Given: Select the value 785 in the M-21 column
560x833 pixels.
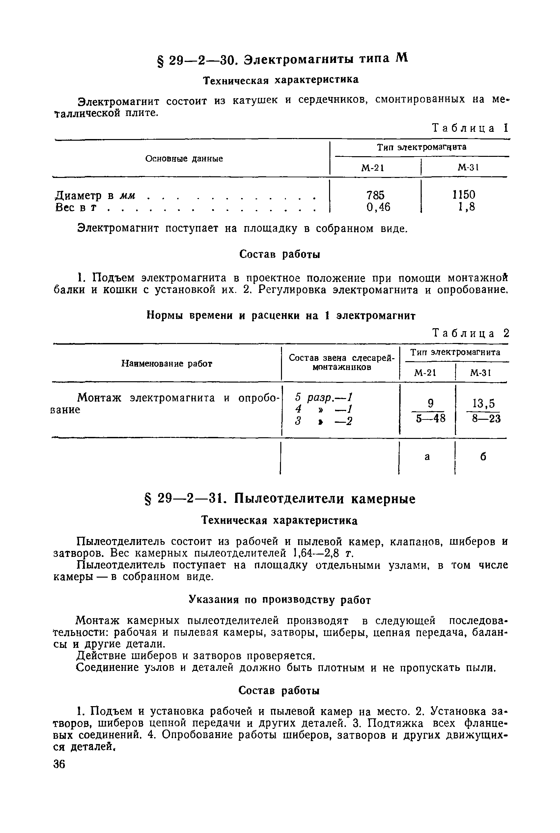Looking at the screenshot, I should pos(375,195).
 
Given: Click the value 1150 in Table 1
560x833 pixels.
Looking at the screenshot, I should pos(464,195).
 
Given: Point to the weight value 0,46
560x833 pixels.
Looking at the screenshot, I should pos(378,207).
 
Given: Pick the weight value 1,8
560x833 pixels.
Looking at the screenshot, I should pos(466,207).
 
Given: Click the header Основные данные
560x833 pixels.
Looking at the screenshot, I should pos(184,158).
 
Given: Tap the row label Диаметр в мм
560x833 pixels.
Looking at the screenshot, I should pos(95,195).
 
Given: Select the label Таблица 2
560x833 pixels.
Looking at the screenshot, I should pos(470,333).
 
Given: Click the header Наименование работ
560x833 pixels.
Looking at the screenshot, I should pos(167,364).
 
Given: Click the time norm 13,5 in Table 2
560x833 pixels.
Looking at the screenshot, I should pos(484,404).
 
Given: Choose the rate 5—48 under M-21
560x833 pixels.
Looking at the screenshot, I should pos(430,418).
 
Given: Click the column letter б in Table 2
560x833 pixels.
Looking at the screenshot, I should pos(483,457).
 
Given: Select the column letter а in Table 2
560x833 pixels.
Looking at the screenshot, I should pos(427,457).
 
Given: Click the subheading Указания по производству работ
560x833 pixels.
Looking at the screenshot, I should pos(280,600).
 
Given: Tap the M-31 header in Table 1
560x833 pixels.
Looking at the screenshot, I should pos(468,167).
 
